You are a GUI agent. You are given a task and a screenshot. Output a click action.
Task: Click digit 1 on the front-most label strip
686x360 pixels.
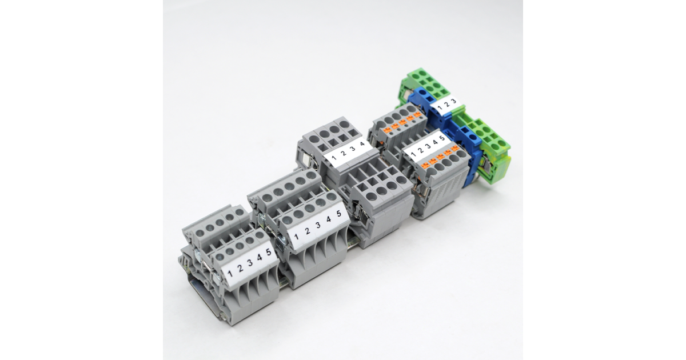[230, 273]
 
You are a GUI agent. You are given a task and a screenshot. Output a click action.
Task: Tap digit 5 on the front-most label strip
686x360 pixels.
[269, 252]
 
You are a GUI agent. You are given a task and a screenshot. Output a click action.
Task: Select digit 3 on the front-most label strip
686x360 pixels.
[250, 262]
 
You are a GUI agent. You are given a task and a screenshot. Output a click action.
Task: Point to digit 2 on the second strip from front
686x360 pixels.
[308, 230]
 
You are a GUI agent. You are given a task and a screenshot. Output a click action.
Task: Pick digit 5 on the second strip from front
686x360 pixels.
[338, 213]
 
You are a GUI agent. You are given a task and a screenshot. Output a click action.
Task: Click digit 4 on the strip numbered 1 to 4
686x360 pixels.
[362, 144]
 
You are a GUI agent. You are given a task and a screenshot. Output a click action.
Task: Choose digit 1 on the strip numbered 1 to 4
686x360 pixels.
[334, 158]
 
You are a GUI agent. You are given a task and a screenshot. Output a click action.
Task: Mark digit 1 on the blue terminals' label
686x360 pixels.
[440, 107]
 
